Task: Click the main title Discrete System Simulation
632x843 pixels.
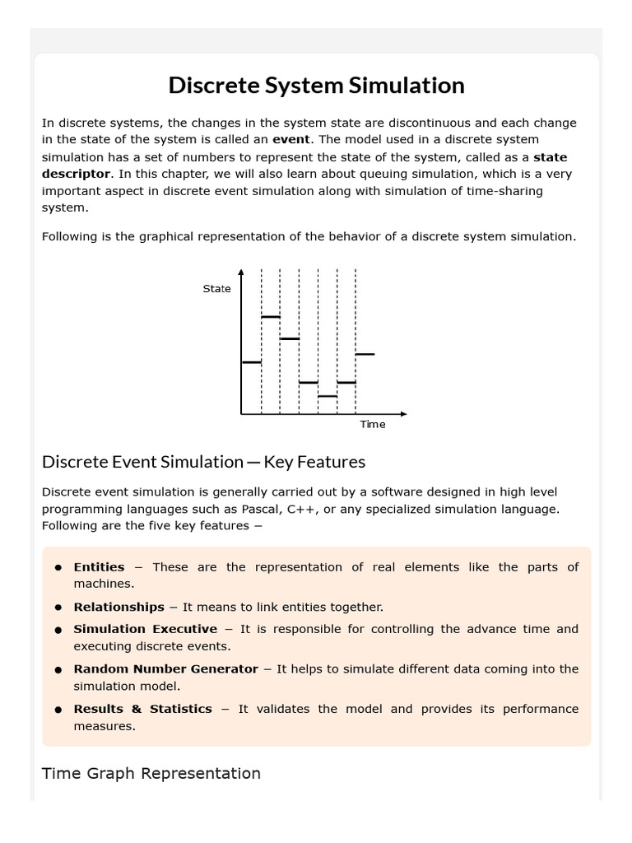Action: [x=316, y=85]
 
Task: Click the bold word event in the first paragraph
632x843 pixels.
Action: [x=290, y=139]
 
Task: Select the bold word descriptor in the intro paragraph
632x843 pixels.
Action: [x=76, y=174]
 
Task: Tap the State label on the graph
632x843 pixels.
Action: [x=216, y=289]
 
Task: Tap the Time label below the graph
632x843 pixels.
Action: [x=372, y=424]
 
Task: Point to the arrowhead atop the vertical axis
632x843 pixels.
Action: [x=241, y=272]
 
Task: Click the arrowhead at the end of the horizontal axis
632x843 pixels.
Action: [x=403, y=413]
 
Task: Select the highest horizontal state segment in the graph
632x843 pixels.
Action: [x=271, y=316]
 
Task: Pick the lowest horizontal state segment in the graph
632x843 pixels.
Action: [x=328, y=396]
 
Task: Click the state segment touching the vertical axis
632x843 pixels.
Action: [x=251, y=361]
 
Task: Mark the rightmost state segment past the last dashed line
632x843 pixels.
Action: [x=365, y=354]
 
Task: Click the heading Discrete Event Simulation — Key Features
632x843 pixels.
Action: [x=203, y=461]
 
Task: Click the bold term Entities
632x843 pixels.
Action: [x=99, y=566]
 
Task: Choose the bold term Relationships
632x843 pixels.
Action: [x=118, y=607]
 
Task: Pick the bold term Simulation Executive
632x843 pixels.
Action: [x=145, y=629]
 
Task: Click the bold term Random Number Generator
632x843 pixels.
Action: [x=165, y=669]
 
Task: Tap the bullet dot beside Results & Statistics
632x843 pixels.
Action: [x=58, y=710]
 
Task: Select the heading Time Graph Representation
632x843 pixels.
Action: [x=151, y=773]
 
